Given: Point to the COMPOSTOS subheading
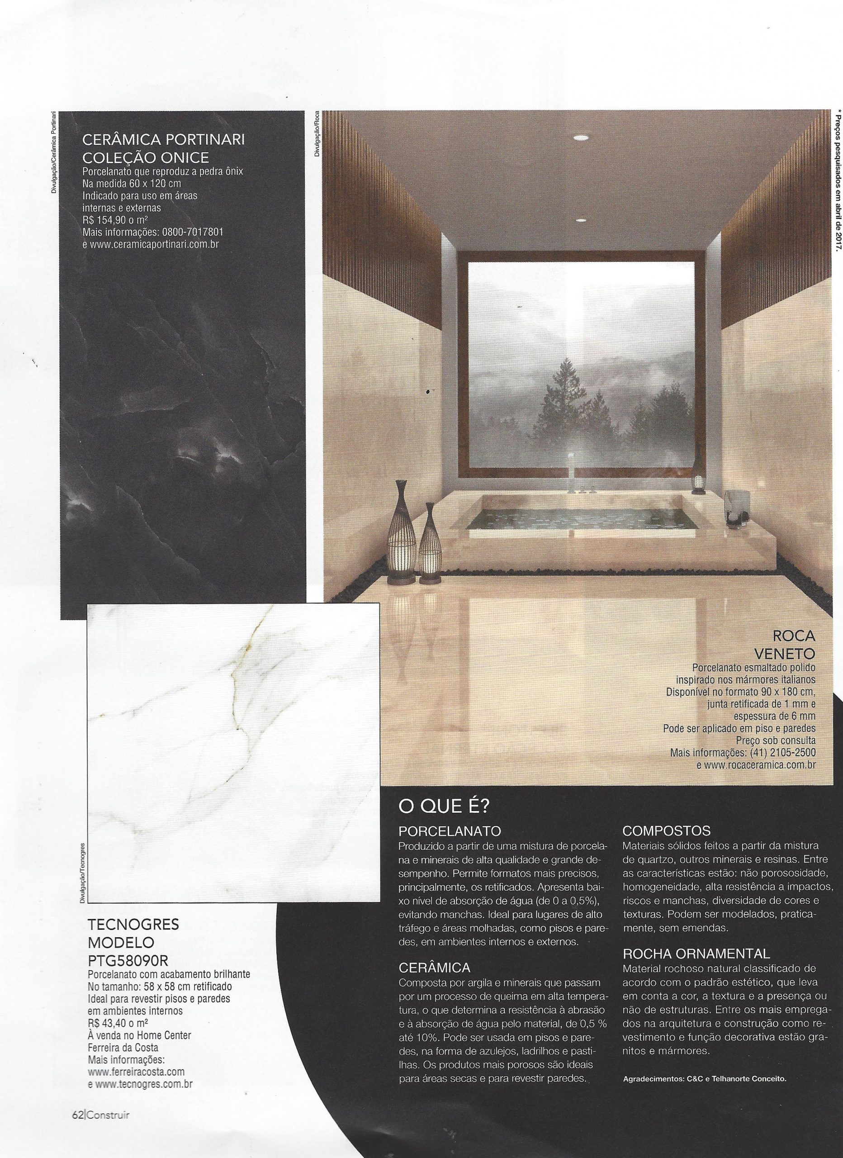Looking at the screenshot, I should pyautogui.click(x=667, y=831).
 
